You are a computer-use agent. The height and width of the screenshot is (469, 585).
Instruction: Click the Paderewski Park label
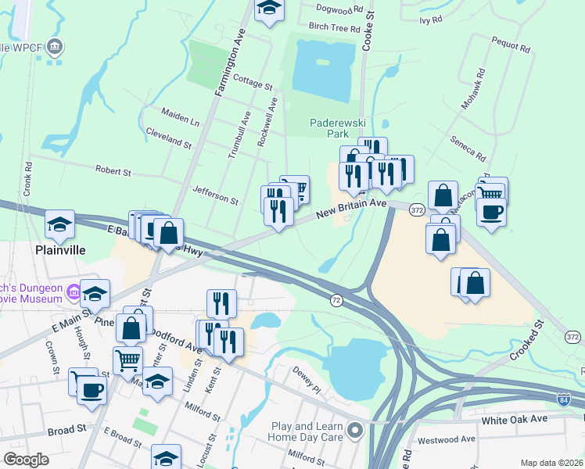pyautogui.click(x=333, y=128)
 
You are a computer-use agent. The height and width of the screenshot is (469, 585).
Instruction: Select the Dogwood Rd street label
pyautogui.click(x=340, y=9)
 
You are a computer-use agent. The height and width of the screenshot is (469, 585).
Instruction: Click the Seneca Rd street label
pyautogui.click(x=468, y=147)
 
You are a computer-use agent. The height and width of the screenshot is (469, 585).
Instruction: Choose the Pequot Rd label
pyautogui.click(x=511, y=46)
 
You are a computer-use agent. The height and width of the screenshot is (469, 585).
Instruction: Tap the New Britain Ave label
pyautogui.click(x=351, y=209)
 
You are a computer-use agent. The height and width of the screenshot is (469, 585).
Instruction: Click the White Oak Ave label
pyautogui.click(x=514, y=419)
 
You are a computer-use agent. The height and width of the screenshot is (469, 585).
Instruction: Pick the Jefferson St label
pyautogui.click(x=215, y=195)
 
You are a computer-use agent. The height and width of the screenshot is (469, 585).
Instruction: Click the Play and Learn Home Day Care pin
pyautogui.click(x=357, y=429)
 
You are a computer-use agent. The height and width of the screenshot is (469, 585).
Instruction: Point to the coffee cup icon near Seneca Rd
pyautogui.click(x=490, y=212)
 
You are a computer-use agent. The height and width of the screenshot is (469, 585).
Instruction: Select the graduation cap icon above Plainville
pyautogui.click(x=59, y=225)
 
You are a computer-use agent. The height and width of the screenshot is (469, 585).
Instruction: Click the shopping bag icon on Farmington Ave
pyautogui.click(x=168, y=232)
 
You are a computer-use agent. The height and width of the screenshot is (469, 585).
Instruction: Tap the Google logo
pyautogui.click(x=26, y=460)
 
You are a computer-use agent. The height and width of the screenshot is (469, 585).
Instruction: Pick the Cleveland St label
pyautogui.click(x=168, y=138)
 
